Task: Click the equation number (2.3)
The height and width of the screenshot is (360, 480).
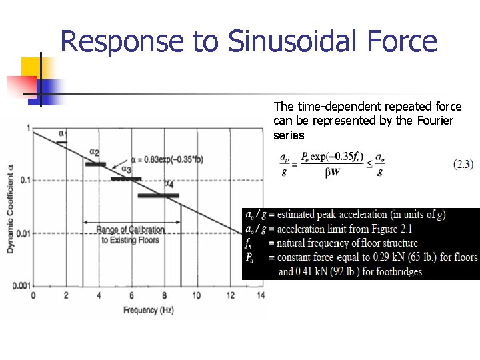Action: tap(463, 163)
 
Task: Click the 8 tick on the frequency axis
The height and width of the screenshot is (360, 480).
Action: tap(164, 295)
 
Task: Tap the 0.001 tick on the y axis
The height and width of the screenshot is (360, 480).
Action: tap(20, 285)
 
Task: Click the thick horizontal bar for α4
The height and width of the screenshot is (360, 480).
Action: tap(158, 195)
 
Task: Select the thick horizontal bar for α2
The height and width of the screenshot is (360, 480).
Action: tap(95, 164)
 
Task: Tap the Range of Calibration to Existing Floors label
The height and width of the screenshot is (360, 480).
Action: tap(131, 235)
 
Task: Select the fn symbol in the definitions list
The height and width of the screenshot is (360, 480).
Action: tap(249, 243)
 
